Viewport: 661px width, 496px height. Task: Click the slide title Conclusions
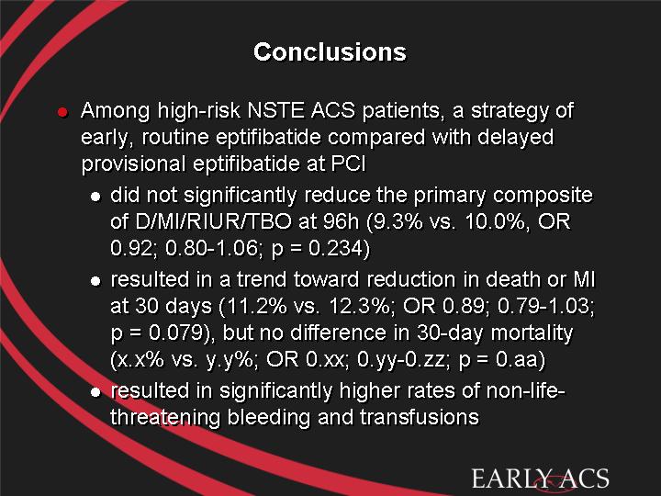coord(330,51)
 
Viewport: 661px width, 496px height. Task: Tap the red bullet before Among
coord(62,112)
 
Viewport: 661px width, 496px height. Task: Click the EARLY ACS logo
coord(540,479)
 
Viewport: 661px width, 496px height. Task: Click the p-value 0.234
coord(335,248)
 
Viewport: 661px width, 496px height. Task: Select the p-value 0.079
coord(175,333)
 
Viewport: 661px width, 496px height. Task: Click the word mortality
coord(532,333)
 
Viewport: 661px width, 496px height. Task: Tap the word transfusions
coord(420,417)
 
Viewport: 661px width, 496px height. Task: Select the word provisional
coord(133,163)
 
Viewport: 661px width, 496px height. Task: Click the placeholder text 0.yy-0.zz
coord(404,360)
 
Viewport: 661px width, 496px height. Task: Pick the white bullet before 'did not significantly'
coord(95,197)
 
